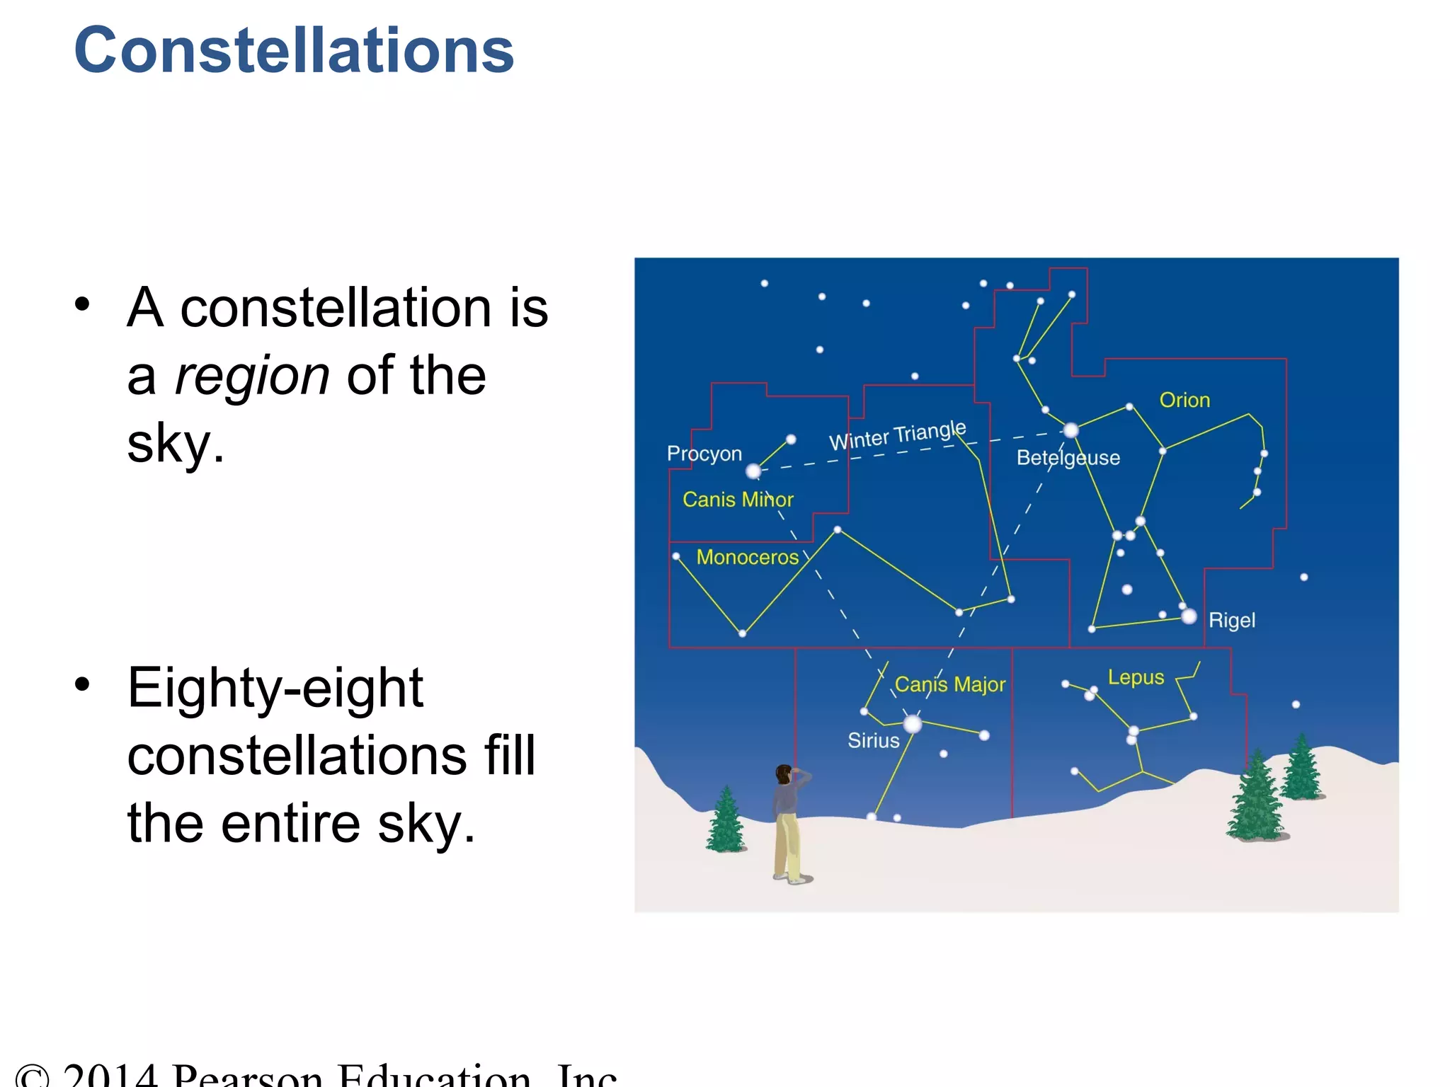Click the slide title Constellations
pos(294,51)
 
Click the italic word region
pos(251,376)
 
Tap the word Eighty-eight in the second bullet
pos(275,688)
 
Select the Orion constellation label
pos(1184,401)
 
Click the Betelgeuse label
pos(1068,458)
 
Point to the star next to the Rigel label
pos(1189,616)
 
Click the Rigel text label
pos(1231,621)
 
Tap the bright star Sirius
pos(913,724)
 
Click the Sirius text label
pos(873,741)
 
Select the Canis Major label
pos(949,684)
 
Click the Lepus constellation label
pos(1136,677)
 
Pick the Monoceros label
pos(747,558)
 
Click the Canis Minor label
pos(738,500)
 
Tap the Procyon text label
pos(704,454)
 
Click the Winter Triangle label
pos(897,435)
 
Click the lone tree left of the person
pos(726,821)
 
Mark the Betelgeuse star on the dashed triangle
pos(1071,430)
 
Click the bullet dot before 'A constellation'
pos(83,305)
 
